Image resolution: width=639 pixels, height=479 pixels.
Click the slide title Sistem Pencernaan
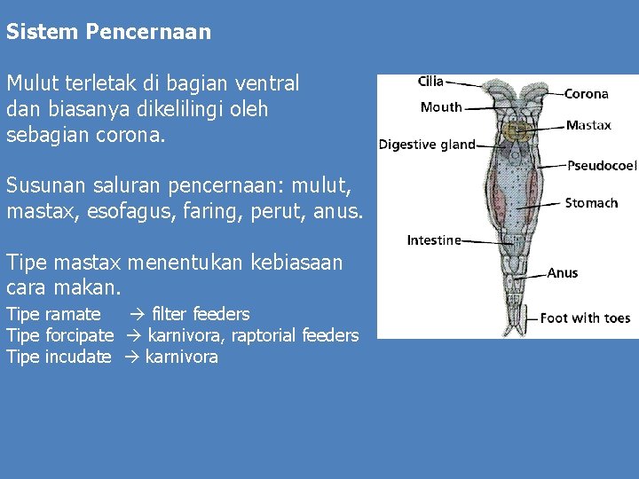(108, 33)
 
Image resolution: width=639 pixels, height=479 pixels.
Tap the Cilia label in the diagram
(430, 82)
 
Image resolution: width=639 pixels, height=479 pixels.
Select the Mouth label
(441, 107)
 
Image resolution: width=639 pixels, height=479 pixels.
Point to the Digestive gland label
(427, 145)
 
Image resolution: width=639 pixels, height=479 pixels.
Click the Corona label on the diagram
(587, 93)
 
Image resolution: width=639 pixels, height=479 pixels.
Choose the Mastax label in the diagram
(588, 125)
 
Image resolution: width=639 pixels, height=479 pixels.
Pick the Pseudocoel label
(602, 165)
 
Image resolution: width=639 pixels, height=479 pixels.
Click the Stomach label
(591, 203)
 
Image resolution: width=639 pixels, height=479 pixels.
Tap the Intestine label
(434, 240)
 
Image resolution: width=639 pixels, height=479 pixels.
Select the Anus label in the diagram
(563, 273)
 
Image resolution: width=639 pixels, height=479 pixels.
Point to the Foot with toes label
(585, 318)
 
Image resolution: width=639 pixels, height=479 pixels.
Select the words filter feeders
(201, 314)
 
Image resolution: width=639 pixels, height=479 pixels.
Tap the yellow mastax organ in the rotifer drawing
(512, 132)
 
